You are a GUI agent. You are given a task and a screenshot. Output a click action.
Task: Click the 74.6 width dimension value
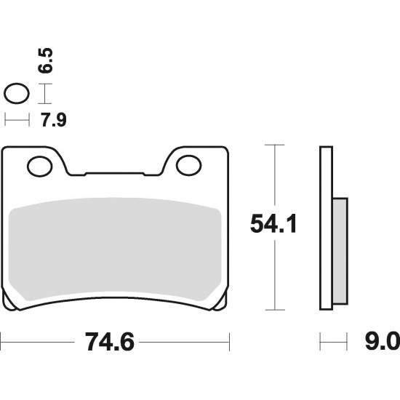[x=109, y=342]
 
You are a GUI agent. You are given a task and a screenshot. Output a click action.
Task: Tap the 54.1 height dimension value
[x=273, y=224]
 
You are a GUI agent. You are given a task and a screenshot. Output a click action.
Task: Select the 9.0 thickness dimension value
[x=383, y=342]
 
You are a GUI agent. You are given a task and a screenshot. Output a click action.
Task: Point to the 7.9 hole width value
[x=54, y=120]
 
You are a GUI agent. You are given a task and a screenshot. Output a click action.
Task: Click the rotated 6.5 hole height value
[x=45, y=60]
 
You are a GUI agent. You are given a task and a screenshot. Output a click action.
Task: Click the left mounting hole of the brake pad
[x=39, y=167]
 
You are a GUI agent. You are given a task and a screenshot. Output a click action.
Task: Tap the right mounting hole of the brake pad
[x=189, y=165]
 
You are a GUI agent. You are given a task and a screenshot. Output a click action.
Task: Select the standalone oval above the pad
[x=17, y=93]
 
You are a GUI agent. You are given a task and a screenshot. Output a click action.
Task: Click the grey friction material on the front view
[x=115, y=249]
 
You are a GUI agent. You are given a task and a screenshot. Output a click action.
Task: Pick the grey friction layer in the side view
[x=340, y=251]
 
